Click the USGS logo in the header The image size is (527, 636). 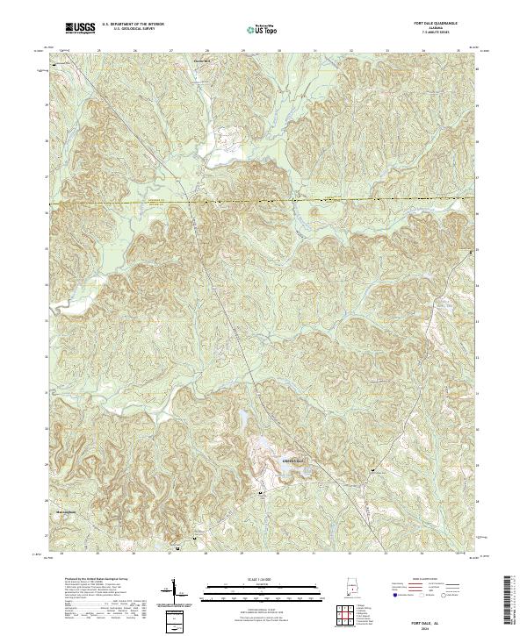coord(80,29)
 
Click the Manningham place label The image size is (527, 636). coord(59,514)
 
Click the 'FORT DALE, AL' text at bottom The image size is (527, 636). coord(437,618)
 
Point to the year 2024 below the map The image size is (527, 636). coord(437,626)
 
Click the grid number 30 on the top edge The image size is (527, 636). coord(278,51)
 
